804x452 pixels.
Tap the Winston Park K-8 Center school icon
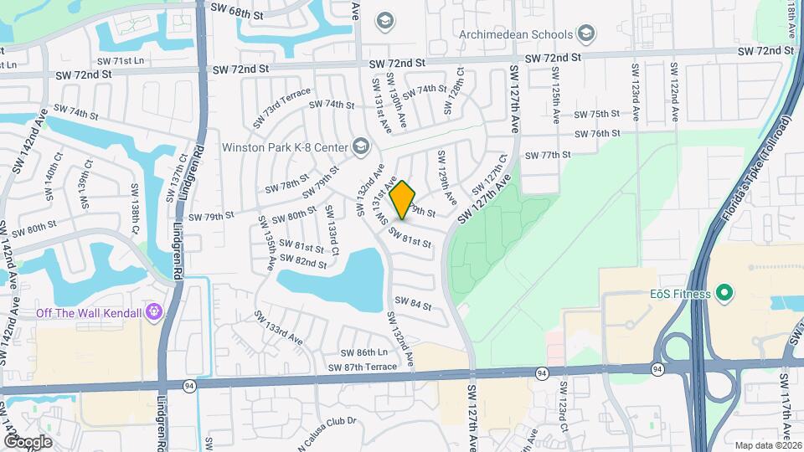coord(360,146)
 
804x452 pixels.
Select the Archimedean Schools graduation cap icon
coord(586,34)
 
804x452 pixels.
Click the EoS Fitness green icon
coord(724,294)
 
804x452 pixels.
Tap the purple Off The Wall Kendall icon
coord(153,313)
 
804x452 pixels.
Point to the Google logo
coord(28,442)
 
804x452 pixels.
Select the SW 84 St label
coord(412,305)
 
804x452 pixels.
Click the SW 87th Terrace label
coord(363,367)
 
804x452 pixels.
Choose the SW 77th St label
coord(547,155)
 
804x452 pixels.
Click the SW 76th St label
coord(596,134)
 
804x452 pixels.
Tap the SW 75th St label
coord(596,114)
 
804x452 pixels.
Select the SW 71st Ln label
coord(121,61)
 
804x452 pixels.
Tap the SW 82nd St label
coord(303,263)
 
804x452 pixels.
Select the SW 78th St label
coord(287,185)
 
